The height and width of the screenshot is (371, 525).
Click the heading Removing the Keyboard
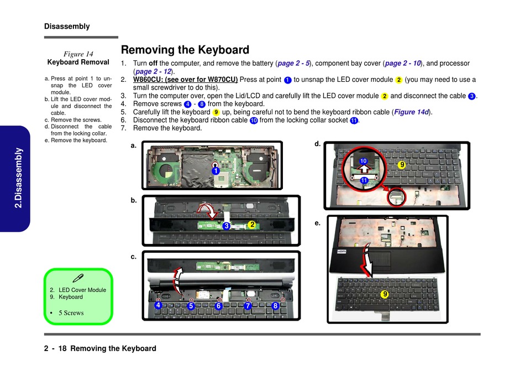pos(185,50)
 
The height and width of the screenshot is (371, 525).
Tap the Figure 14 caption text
pos(78,54)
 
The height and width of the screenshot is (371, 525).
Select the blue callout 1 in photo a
pos(216,171)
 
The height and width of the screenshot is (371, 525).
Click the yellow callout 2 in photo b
pos(251,224)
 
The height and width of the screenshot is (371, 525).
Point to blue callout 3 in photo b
pos(226,226)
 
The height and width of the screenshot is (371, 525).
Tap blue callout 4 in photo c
pos(158,305)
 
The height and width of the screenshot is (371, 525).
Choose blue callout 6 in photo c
pos(219,306)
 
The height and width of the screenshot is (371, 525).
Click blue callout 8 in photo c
pos(275,306)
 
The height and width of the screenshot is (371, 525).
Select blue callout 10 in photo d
pos(363,161)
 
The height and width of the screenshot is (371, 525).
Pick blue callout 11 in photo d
pos(364,181)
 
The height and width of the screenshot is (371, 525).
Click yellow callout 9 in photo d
pos(402,164)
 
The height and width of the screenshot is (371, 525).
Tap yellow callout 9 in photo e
pos(384,295)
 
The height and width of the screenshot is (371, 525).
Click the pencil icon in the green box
pos(78,278)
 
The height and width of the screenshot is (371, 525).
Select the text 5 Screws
pos(71,313)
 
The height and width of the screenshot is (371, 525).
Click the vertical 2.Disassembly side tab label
pos(19,177)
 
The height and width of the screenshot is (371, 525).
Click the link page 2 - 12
pos(153,72)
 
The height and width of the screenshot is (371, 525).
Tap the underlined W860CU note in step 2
pos(186,80)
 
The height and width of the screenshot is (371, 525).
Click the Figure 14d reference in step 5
pos(412,112)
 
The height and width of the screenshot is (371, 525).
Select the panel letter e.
pos(317,223)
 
